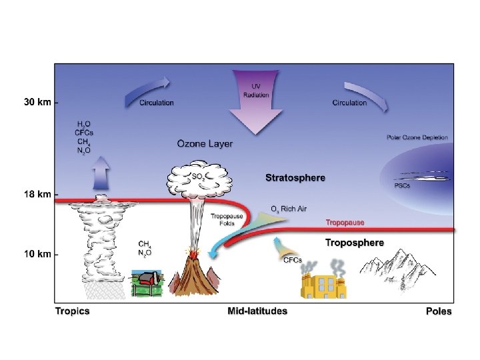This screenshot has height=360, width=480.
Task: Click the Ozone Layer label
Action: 205,143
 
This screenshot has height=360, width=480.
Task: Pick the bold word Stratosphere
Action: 295,178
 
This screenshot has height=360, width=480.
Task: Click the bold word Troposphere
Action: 354,243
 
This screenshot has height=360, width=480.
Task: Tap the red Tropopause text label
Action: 345,222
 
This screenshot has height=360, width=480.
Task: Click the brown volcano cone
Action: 193,277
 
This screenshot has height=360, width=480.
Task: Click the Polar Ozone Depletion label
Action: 417,138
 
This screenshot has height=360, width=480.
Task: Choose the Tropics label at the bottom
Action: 72,311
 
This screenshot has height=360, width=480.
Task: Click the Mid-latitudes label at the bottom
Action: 257,311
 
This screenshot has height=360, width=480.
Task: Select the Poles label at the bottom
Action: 438,311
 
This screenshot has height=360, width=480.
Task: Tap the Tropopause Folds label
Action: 222,221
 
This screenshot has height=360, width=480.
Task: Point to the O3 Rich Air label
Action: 289,209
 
